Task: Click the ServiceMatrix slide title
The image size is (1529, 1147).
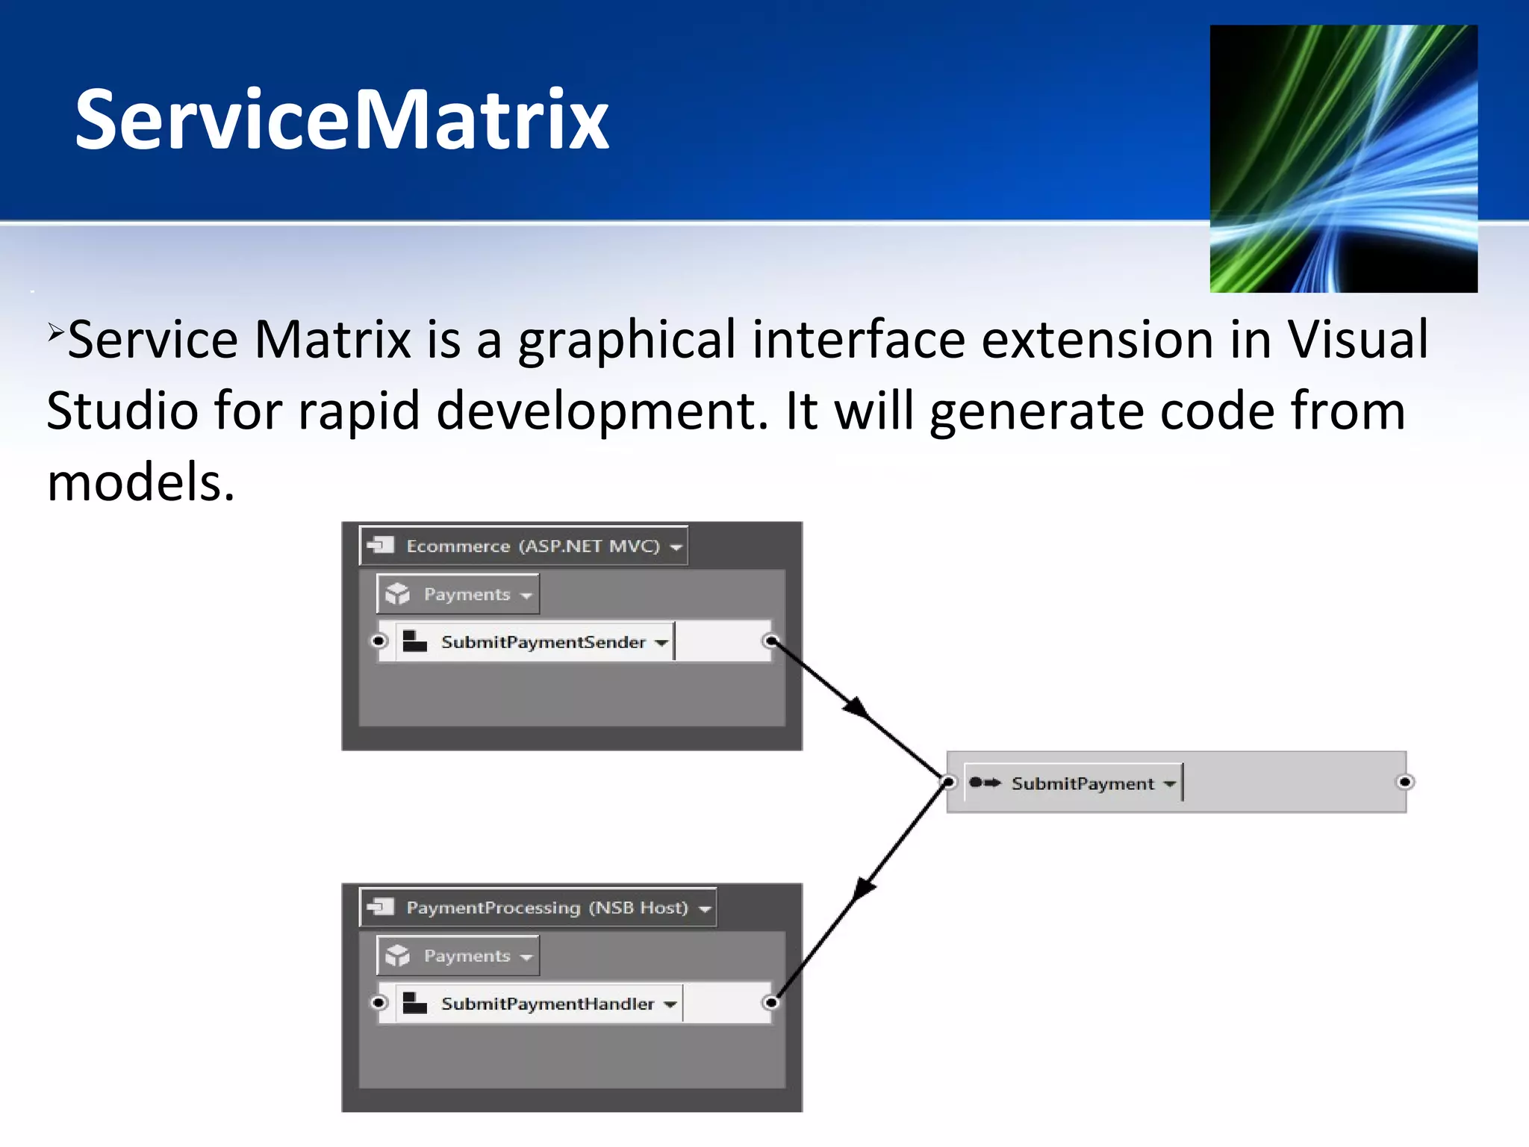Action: pos(342,119)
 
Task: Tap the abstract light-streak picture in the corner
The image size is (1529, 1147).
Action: pos(1343,158)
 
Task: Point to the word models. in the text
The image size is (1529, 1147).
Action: pos(140,482)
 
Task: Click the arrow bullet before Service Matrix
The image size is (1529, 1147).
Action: pos(55,330)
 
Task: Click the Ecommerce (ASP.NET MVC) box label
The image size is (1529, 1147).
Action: pos(532,546)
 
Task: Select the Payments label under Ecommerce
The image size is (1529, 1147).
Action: pos(467,594)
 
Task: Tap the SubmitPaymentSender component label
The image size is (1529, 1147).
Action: pos(543,642)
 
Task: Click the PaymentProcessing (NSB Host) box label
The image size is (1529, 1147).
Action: pos(546,907)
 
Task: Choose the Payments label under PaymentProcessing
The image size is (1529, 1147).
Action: pos(467,956)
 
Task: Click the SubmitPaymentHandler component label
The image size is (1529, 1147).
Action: pos(547,1004)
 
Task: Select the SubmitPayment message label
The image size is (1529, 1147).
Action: pos(1082,783)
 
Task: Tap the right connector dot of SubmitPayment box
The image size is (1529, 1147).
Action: pos(1404,782)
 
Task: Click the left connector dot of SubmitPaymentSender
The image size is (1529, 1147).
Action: pos(379,641)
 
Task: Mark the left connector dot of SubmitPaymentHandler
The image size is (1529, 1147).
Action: pos(379,1002)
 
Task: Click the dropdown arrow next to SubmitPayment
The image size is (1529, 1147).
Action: pos(1169,784)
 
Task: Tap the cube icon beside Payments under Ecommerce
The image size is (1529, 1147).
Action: pos(398,594)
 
